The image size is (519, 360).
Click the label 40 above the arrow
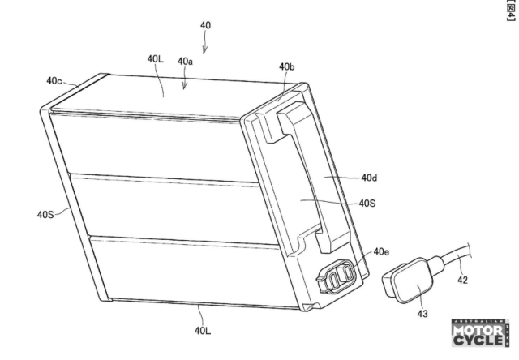point(205,25)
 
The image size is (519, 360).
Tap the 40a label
point(186,61)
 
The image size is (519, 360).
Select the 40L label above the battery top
point(155,59)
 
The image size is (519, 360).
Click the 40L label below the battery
point(203,330)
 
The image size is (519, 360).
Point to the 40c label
point(54,80)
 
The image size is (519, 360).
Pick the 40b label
point(286,66)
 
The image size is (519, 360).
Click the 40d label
point(369,178)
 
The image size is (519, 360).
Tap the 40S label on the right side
point(367,203)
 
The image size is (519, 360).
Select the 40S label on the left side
point(45,214)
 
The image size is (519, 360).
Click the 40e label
point(381,252)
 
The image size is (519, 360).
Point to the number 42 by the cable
point(462,280)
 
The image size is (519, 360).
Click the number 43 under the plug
point(422,314)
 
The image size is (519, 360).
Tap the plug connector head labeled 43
point(408,281)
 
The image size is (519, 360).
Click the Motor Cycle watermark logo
point(480,333)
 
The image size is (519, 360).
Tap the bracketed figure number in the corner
point(512,11)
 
